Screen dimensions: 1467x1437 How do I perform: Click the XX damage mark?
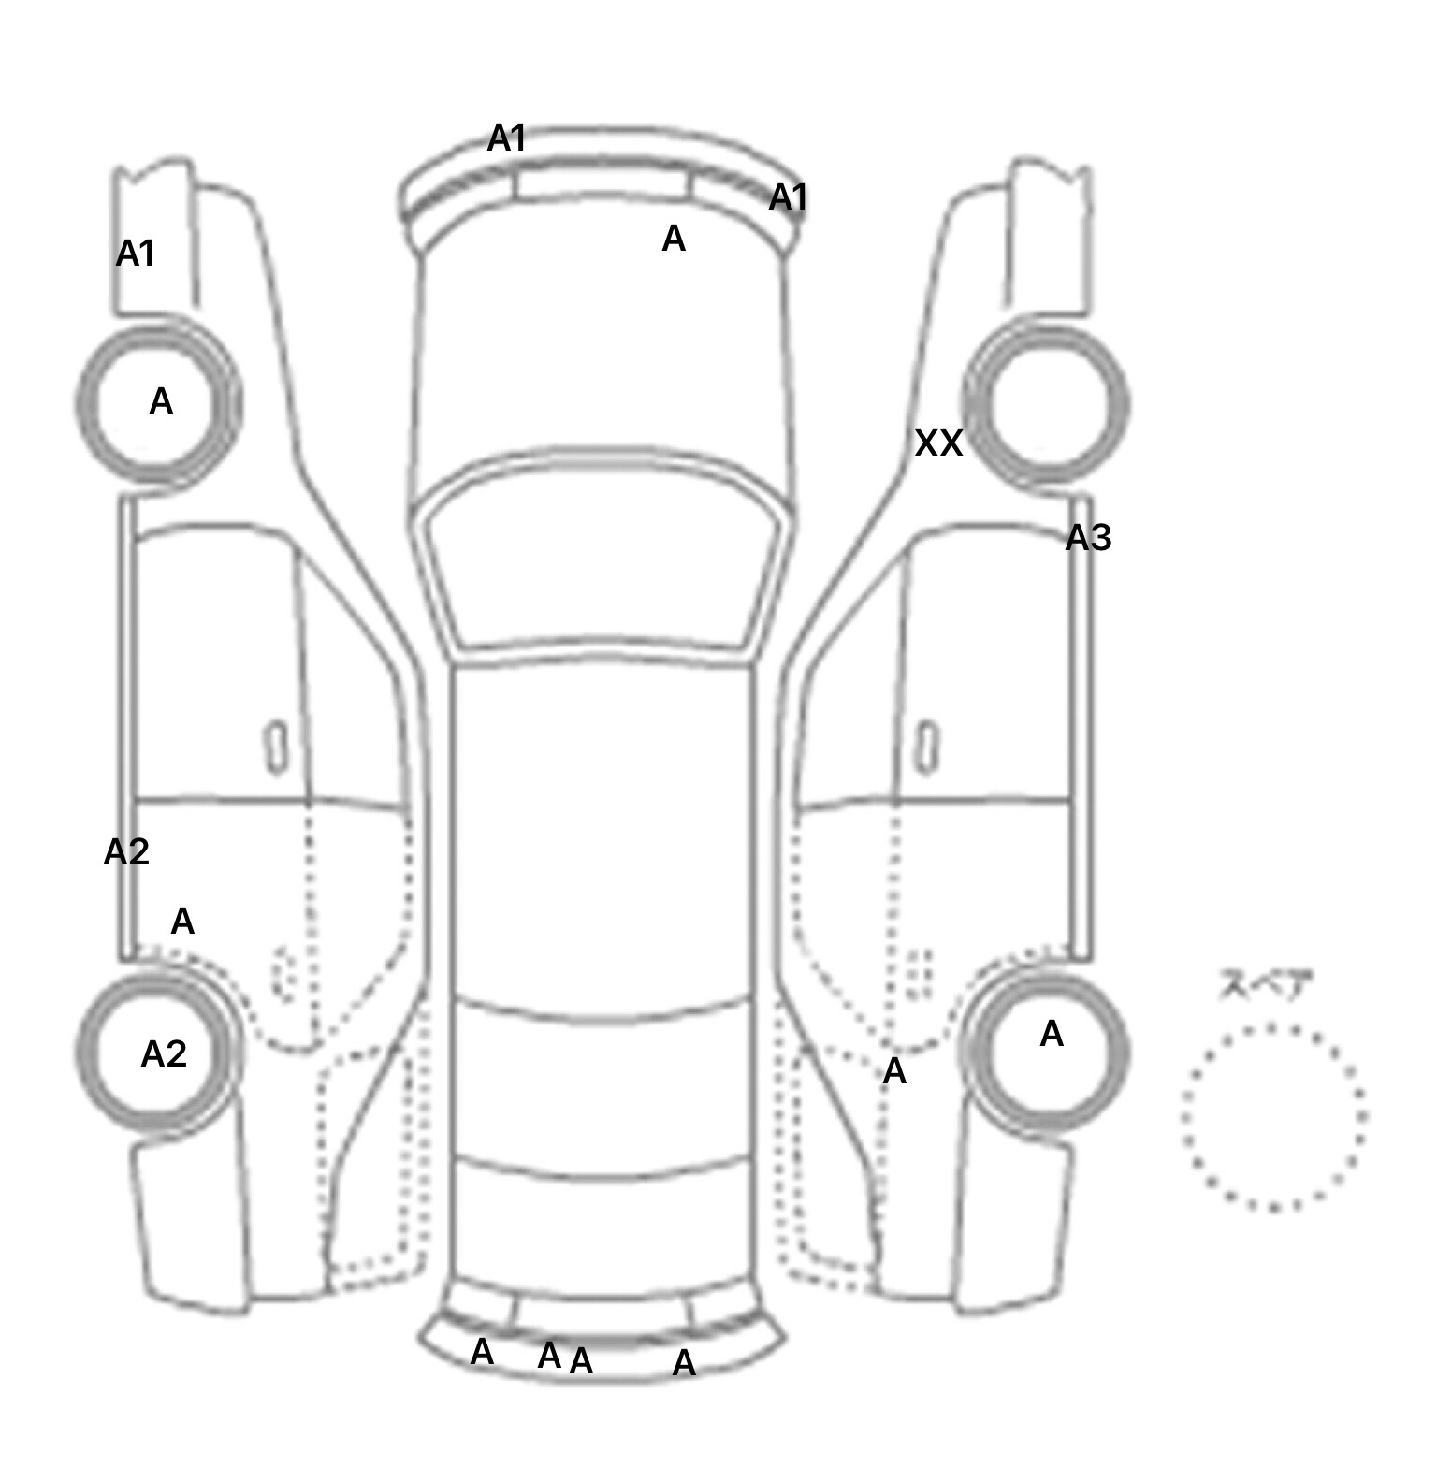(x=937, y=443)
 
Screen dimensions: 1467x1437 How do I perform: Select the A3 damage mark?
(x=1088, y=538)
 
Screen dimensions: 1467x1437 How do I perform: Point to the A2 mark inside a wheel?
(x=164, y=1054)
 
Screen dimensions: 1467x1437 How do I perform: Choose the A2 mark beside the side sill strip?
(x=126, y=852)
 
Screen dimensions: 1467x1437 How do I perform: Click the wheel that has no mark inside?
(x=1047, y=404)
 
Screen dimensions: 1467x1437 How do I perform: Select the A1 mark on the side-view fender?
(x=136, y=254)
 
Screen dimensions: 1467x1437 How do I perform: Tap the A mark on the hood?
(x=674, y=240)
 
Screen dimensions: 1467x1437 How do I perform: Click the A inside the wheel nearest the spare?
(x=1052, y=1034)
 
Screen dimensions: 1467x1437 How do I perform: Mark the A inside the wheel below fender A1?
(x=161, y=401)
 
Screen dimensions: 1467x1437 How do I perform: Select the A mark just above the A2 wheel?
(x=182, y=922)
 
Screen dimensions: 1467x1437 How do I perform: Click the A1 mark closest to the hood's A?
(x=788, y=197)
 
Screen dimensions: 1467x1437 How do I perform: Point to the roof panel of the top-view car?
(x=603, y=833)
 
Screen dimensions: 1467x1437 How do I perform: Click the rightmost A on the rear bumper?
(x=684, y=1363)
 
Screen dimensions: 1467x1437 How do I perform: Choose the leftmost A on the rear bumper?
(x=482, y=1352)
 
